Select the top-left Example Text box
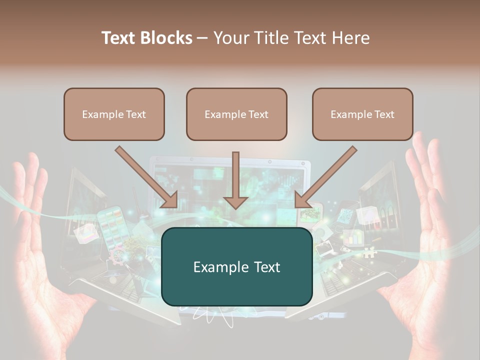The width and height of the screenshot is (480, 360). point(114,114)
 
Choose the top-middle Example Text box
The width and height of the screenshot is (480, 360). point(236,114)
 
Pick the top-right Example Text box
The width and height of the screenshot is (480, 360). point(362,114)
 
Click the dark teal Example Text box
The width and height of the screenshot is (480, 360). point(236,267)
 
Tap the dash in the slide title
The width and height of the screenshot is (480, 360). point(202,38)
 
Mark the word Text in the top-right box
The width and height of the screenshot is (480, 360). point(384,114)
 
